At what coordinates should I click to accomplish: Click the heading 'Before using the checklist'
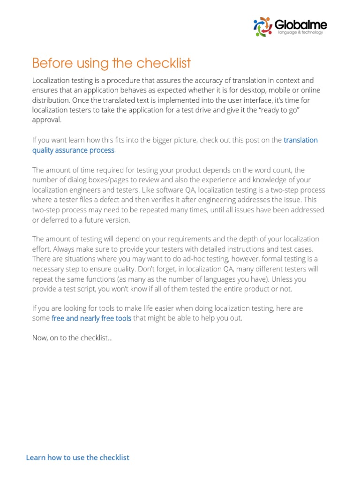coord(112,63)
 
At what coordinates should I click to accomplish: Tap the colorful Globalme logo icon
coord(262,26)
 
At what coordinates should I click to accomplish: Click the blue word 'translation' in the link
coord(300,140)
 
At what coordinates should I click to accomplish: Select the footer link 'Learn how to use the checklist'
coord(77,457)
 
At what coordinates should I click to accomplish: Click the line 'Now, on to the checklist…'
coord(72,338)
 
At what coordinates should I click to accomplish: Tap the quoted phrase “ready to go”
coord(285,110)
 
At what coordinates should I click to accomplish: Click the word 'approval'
coord(46,120)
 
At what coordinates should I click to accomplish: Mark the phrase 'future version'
coord(107,220)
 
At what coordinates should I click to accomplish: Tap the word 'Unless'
coord(280,279)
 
